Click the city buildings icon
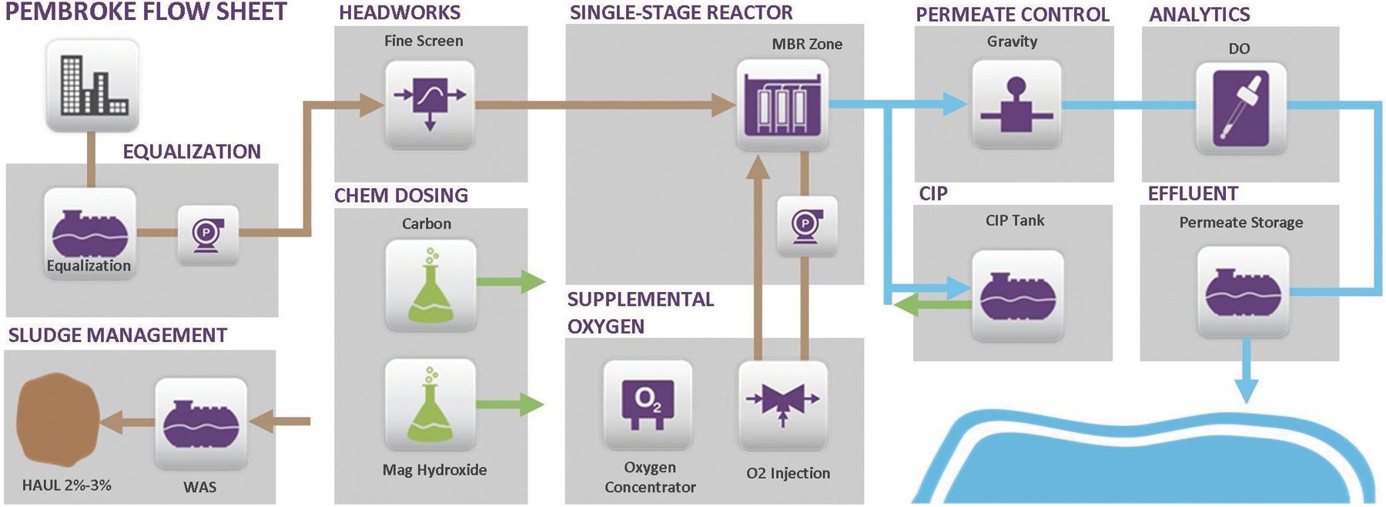coord(92,86)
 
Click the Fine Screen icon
coord(429,106)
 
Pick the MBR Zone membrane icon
coord(782,106)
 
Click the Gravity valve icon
coord(1016,106)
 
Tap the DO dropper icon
coord(1240,107)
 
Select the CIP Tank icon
coord(1017,297)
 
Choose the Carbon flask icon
coord(430,285)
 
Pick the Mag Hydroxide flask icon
coord(430,405)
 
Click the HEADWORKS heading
coord(400,12)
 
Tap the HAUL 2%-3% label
coord(67,485)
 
